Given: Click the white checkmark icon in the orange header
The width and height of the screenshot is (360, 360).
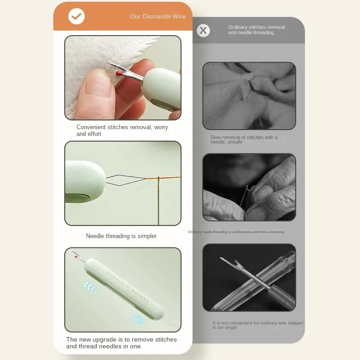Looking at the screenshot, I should [76, 17].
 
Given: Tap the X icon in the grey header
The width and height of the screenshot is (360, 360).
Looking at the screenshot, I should [203, 31].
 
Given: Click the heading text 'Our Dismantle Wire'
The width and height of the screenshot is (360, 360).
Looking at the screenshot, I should [157, 17].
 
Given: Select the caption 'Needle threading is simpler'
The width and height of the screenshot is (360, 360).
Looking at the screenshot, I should [121, 236].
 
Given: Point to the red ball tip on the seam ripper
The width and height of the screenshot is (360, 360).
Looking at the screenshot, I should [118, 72].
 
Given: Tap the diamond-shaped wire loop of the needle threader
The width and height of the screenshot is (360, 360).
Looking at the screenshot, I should [125, 180].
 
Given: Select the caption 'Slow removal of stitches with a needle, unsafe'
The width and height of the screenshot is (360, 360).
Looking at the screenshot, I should [244, 139].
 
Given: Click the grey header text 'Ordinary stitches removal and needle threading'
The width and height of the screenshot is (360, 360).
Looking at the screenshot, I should [256, 30].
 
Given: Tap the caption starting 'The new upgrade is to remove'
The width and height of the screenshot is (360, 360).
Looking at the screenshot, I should [121, 343].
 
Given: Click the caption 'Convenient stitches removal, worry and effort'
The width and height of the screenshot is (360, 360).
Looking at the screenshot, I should [122, 130].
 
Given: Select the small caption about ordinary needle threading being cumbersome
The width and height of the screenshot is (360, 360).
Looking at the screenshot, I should [236, 232].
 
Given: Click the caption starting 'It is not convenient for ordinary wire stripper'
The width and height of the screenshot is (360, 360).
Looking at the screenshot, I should [258, 325].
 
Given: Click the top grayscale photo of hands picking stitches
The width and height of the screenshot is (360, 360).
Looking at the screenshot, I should [249, 96].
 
